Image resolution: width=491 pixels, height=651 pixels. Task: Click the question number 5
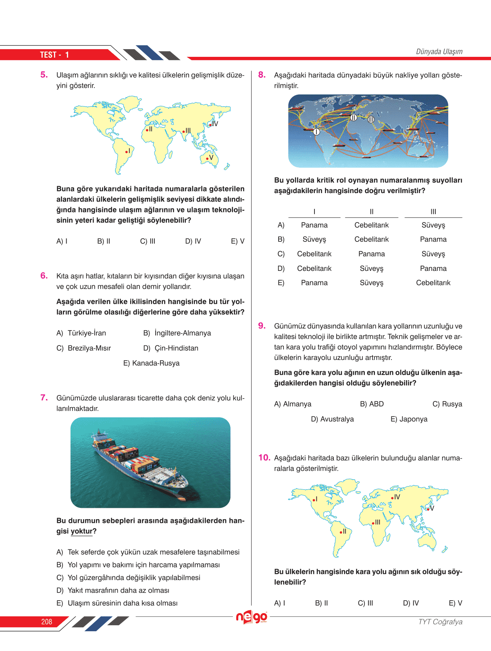coord(44,75)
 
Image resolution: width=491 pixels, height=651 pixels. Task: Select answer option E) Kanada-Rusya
coord(151,363)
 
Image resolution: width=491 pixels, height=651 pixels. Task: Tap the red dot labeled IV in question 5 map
coord(210,125)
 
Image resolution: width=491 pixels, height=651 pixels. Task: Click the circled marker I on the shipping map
coord(316,132)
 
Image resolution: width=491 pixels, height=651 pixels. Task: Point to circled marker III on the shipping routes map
coord(371,119)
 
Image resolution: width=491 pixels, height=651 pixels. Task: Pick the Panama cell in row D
coord(433,268)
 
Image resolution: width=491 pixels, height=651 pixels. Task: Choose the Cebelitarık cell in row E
coord(433,283)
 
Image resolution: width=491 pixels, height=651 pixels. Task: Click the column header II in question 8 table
coord(371,212)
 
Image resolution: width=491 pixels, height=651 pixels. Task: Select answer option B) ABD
coord(372,404)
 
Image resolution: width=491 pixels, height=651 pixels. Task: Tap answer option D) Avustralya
coord(332,419)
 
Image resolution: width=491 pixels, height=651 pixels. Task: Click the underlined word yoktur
coord(82,531)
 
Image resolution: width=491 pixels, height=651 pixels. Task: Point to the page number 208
coord(47,622)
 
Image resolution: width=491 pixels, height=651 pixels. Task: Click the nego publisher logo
coord(252,617)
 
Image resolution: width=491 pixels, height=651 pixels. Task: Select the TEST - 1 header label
coord(54,55)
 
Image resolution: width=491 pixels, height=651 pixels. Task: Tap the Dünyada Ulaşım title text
coord(439,52)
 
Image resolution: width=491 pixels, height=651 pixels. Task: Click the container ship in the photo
coord(139,464)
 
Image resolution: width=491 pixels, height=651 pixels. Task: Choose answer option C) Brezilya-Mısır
coord(83,348)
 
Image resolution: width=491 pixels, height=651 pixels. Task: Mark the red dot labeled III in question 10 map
coord(373,523)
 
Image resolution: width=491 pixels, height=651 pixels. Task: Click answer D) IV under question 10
coord(411,603)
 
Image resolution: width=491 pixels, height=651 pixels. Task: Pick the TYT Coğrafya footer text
coord(440,622)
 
